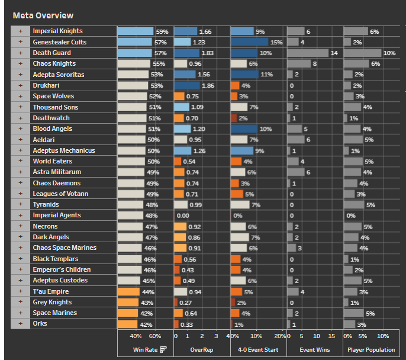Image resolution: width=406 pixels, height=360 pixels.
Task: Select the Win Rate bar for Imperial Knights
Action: tap(135, 31)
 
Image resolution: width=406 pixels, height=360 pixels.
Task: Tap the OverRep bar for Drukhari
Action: tap(187, 85)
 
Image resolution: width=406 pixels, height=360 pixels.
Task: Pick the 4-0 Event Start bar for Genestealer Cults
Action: tap(249, 42)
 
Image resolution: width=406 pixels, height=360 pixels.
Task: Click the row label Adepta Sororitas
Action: tap(58, 75)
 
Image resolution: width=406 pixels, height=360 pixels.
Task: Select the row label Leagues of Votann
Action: tap(61, 194)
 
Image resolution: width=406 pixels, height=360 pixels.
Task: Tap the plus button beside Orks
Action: tap(20, 323)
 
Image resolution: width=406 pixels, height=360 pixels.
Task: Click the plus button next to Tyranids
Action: tap(20, 204)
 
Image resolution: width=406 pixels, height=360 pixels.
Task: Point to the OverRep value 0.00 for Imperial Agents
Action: tap(182, 216)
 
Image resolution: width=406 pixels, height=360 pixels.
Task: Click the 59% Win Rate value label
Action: tap(162, 31)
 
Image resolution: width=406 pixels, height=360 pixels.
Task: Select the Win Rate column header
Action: tap(143, 350)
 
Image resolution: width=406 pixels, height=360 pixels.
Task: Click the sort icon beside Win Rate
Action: tap(163, 350)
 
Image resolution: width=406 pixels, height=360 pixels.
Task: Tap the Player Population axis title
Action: tap(371, 350)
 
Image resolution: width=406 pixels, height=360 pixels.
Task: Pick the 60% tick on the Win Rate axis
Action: tap(155, 336)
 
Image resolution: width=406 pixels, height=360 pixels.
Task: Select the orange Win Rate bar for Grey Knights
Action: tap(127, 302)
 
